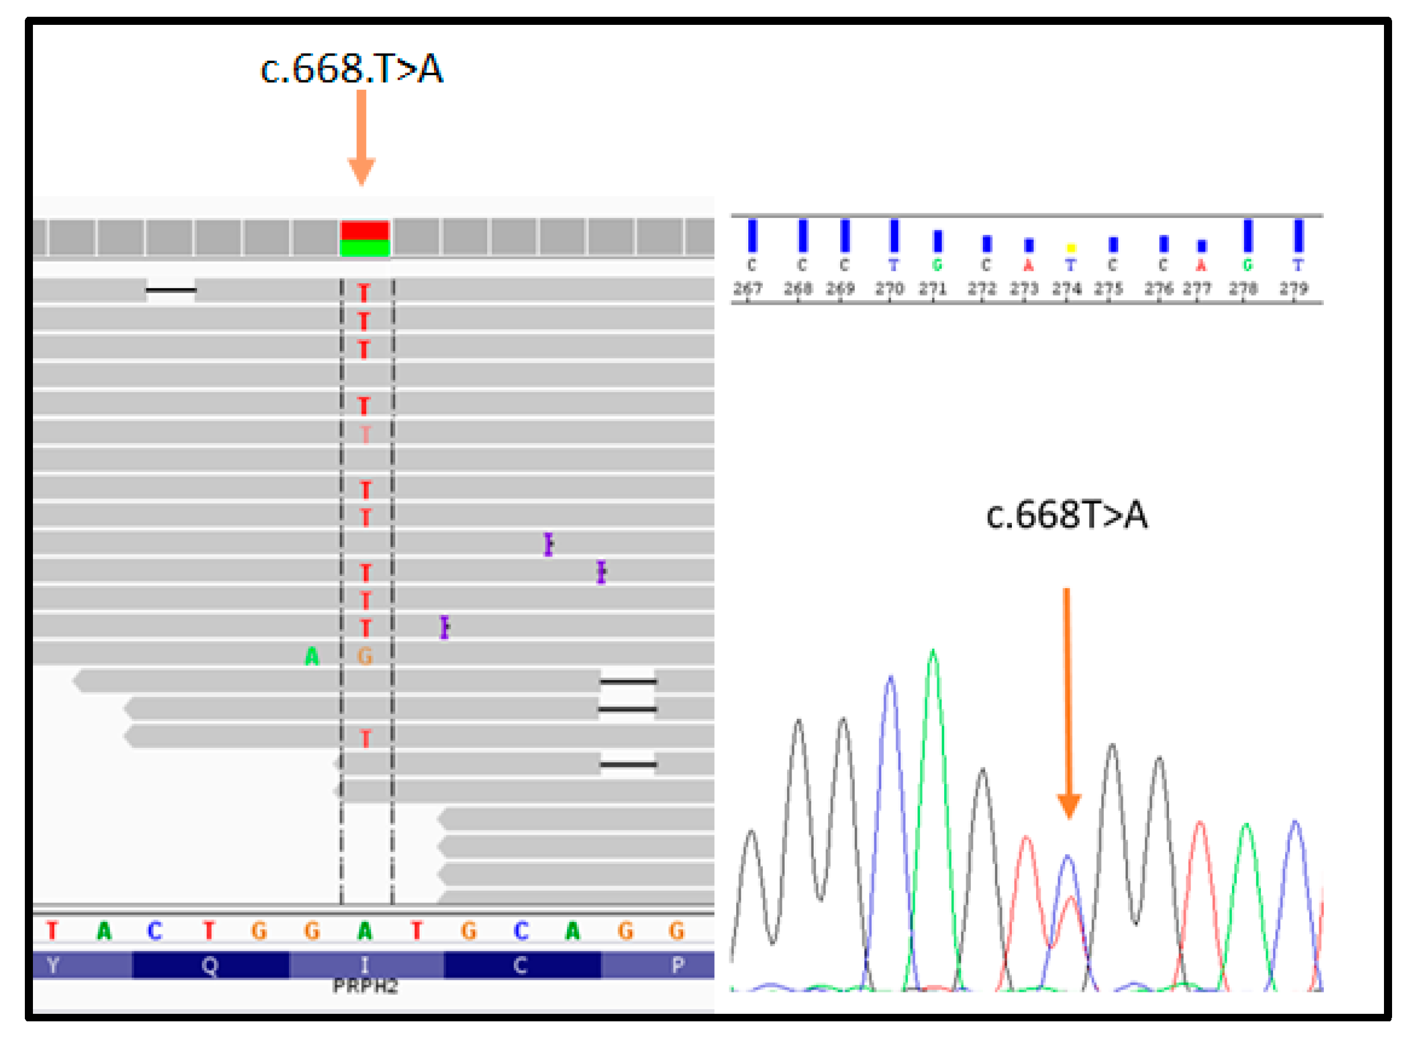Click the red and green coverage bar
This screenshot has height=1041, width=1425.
pyautogui.click(x=365, y=238)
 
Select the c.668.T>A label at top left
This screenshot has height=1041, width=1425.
pyautogui.click(x=352, y=69)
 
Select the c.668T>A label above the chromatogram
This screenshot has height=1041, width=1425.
pyautogui.click(x=1067, y=515)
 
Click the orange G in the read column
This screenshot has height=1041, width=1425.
pyautogui.click(x=365, y=657)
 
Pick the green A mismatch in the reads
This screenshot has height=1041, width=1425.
pyautogui.click(x=311, y=657)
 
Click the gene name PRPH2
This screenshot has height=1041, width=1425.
pyautogui.click(x=365, y=986)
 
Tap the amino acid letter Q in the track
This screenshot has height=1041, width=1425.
pyautogui.click(x=210, y=965)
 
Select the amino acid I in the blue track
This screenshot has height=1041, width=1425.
pyautogui.click(x=365, y=965)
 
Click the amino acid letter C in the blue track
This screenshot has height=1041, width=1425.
pyautogui.click(x=520, y=965)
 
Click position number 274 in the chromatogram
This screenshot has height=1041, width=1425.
pyautogui.click(x=1066, y=289)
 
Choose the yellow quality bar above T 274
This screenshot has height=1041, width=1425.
pyautogui.click(x=1070, y=248)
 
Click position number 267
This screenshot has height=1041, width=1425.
pyautogui.click(x=747, y=289)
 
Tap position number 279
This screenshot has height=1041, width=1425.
pyautogui.click(x=1293, y=289)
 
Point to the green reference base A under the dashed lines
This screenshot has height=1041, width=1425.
pyautogui.click(x=365, y=931)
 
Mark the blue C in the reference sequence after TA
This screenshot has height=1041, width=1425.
pyautogui.click(x=155, y=931)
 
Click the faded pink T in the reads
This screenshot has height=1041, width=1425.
pyautogui.click(x=365, y=434)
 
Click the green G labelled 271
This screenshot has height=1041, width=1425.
pyautogui.click(x=937, y=265)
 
